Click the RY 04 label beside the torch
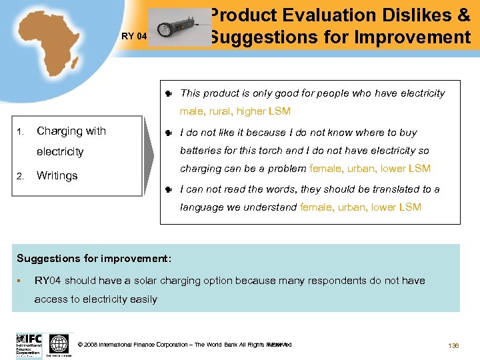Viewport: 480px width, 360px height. pos(133,37)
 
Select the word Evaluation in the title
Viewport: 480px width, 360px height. pos(341,15)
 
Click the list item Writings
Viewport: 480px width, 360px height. pos(57,176)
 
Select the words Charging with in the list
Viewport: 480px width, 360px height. pos(71,131)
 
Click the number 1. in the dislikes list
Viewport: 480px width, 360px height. pos(21,131)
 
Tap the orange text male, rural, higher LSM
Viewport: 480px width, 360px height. pos(235,111)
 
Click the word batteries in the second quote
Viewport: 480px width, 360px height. pos(202,151)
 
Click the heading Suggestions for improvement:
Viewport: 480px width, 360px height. pos(94,258)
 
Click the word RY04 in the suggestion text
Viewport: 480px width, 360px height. pos(51,281)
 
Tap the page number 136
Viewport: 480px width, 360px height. pos(453,345)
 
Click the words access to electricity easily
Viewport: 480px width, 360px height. pos(96,299)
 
